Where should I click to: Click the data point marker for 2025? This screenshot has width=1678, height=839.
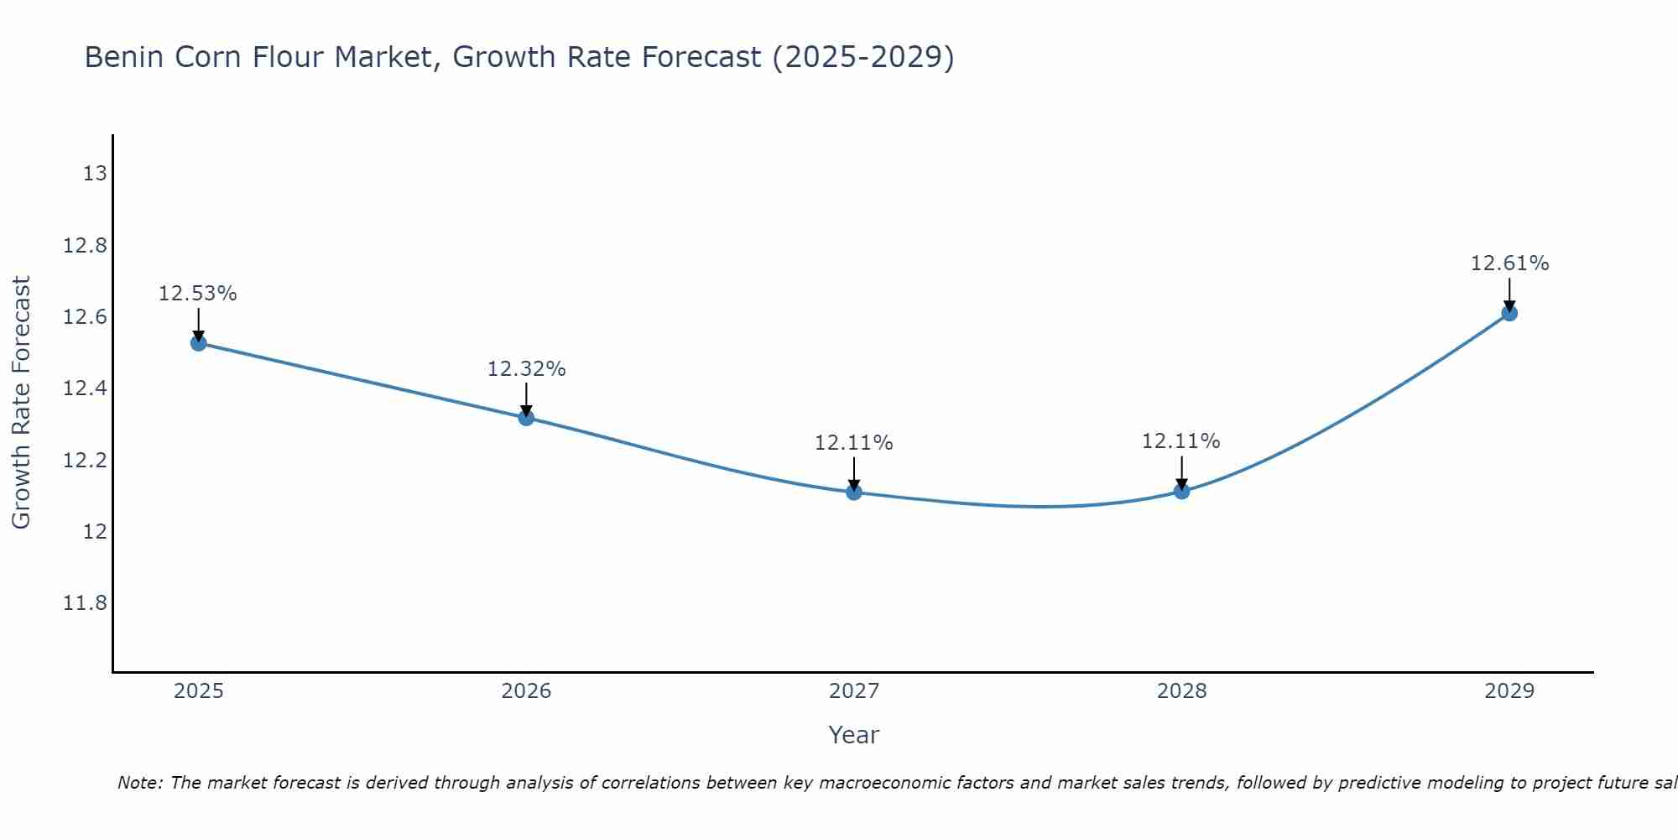199,342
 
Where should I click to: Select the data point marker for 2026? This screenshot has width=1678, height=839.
526,417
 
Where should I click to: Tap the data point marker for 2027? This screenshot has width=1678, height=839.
854,492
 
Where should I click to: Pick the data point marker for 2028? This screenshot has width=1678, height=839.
1181,491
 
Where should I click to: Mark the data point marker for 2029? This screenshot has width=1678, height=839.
1509,313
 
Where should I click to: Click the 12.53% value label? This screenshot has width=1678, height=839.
198,294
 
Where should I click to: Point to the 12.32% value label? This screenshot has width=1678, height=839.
527,368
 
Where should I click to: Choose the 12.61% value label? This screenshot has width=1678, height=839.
1509,263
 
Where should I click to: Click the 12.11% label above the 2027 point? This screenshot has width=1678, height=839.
854,442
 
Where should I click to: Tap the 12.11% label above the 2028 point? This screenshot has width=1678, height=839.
1181,440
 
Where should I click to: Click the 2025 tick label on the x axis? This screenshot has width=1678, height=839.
199,691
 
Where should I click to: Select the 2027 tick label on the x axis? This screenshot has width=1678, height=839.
854,691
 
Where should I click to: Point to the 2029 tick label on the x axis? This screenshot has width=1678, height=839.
1509,691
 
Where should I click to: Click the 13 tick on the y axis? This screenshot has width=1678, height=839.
96,174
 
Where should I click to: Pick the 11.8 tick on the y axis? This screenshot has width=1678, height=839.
86,603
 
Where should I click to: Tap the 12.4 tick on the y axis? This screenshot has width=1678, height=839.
86,388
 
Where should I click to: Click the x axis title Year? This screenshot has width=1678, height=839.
854,735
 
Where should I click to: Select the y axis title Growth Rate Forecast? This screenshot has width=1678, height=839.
21,403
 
